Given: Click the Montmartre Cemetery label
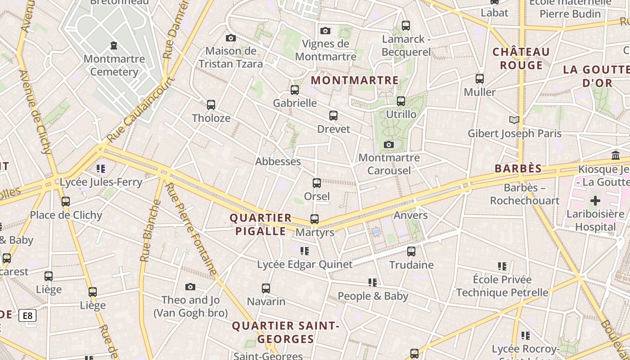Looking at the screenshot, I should (114, 65).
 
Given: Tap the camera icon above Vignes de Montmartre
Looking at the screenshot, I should (325, 31).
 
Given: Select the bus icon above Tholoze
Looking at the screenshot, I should (211, 105).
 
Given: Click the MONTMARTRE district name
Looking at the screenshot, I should (355, 81).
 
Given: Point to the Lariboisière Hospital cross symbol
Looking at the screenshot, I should (595, 201).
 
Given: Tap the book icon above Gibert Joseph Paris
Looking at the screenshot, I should (514, 120).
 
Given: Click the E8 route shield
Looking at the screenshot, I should (27, 315).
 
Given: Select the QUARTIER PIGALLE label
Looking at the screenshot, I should (261, 225).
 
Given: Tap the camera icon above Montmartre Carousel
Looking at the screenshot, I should (389, 144).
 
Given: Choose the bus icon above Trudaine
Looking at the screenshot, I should (411, 252).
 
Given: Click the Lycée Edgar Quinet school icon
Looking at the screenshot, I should (305, 251).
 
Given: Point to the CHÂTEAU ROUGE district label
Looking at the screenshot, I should (521, 58).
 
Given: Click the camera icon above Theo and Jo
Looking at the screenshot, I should (190, 287).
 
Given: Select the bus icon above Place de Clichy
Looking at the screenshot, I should (66, 202).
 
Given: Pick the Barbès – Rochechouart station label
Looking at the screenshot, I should (525, 194).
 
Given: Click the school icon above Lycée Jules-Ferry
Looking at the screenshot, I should (101, 169).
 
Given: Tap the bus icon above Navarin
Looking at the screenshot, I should (266, 288).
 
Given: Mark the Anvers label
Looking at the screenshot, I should (410, 215).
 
